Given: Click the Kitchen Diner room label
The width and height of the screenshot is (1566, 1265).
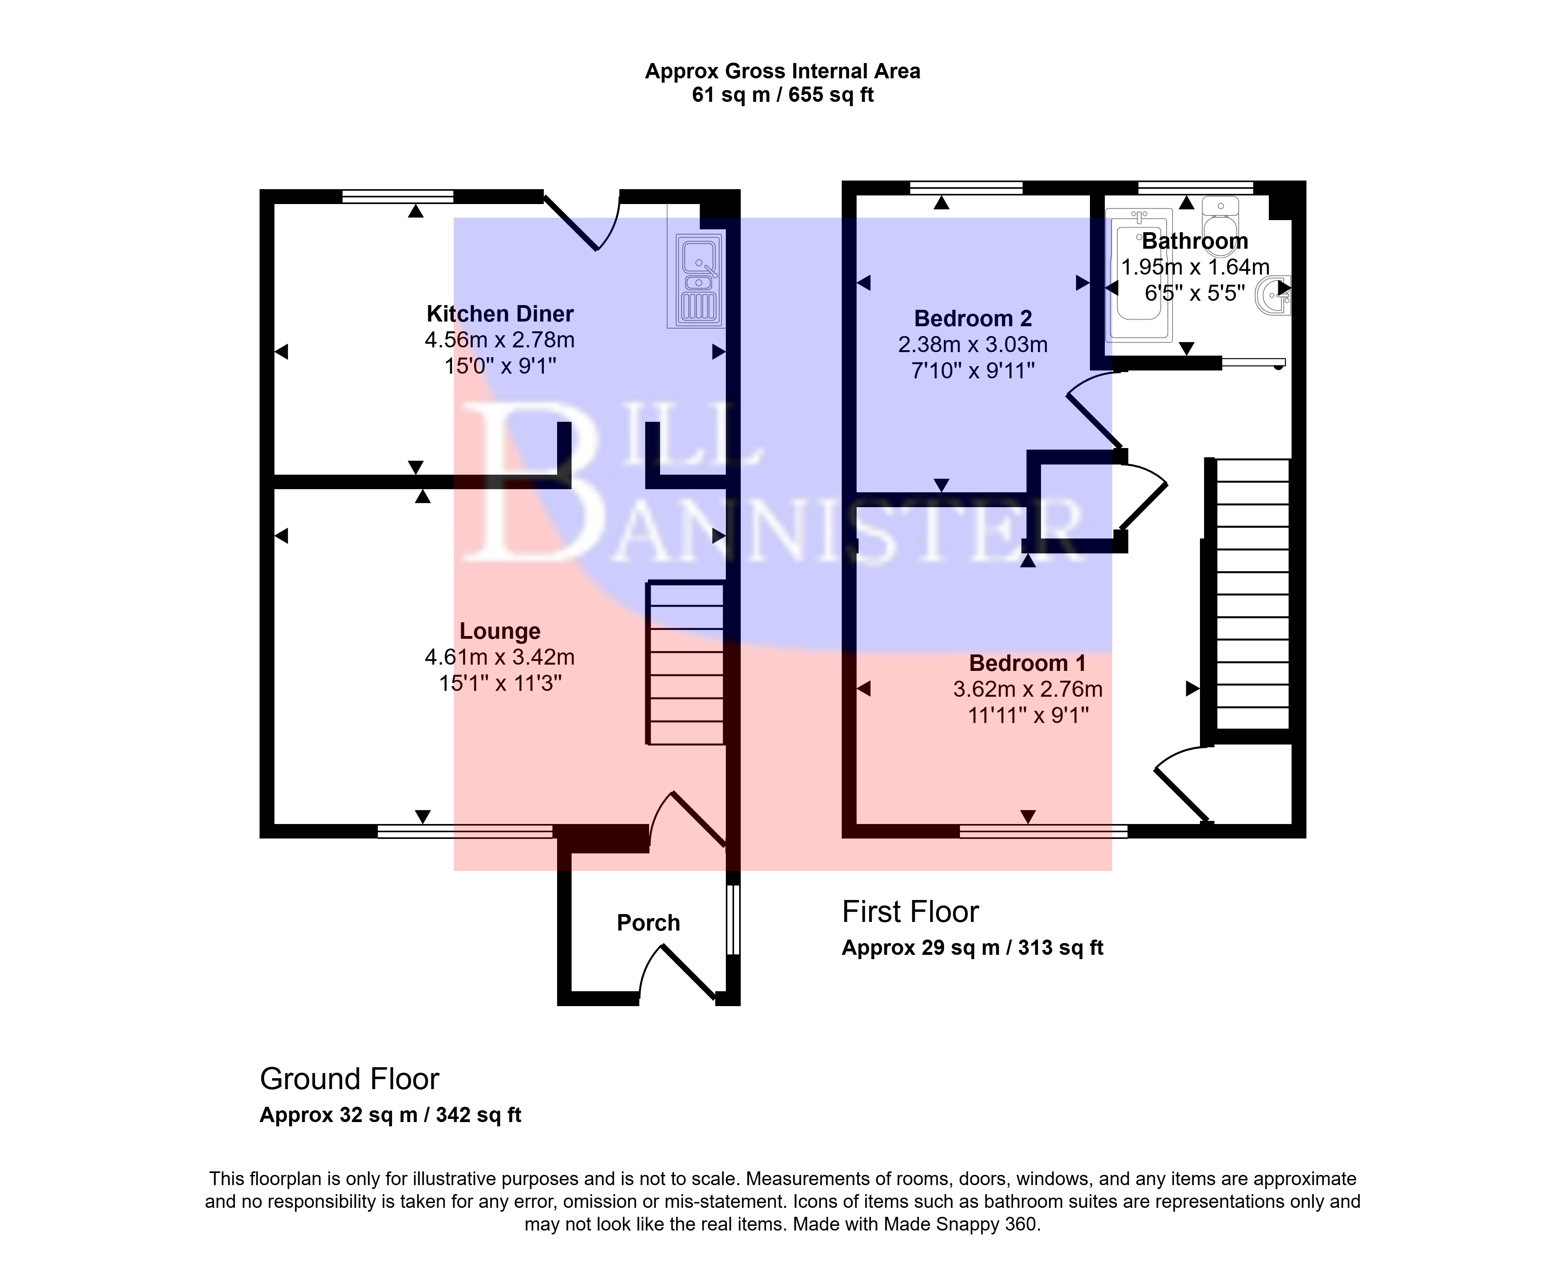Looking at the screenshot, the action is point(500,314).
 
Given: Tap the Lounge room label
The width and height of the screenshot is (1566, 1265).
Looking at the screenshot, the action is point(500,631).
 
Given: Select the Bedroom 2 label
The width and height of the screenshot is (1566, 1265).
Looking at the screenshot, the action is point(973,318).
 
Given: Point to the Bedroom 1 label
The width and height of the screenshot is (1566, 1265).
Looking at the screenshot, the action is point(1028,663).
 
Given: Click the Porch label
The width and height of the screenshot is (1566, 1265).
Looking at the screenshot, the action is point(648,923).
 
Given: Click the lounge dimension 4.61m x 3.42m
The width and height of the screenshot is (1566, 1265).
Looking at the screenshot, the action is point(500,657).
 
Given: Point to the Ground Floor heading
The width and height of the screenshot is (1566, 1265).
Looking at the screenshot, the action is point(350,1079).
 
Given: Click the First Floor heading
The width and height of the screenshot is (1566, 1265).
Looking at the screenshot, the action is point(911,912).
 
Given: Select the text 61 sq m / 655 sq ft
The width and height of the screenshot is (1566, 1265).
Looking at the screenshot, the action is point(783,95).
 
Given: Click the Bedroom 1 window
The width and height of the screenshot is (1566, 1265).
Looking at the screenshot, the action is point(1044,831).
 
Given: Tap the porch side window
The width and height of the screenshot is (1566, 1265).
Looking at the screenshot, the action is point(733,920).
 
